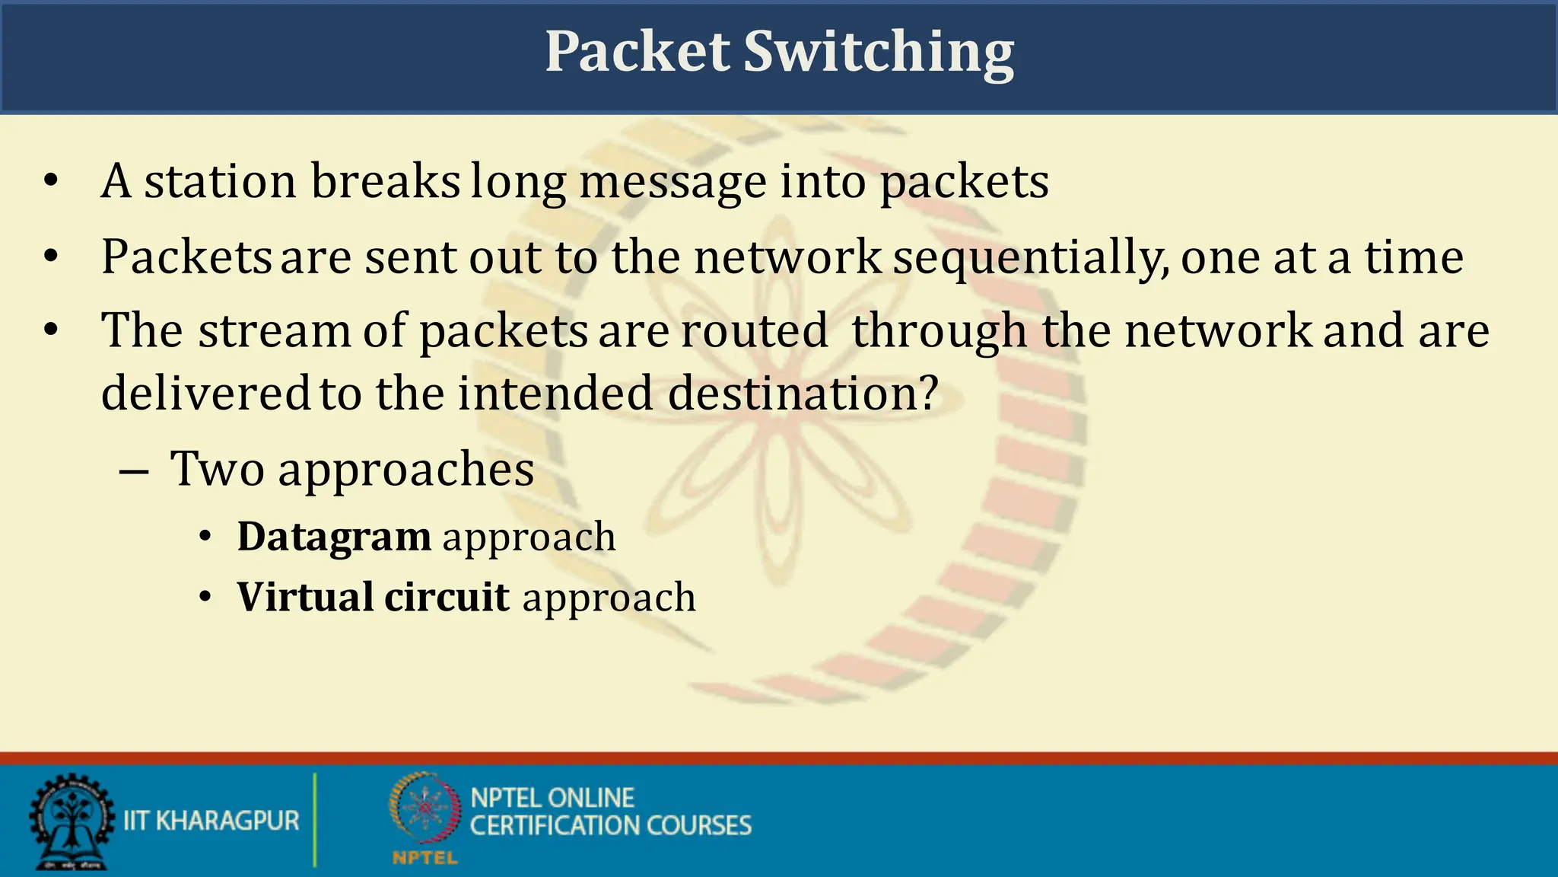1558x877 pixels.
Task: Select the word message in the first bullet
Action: pyautogui.click(x=672, y=183)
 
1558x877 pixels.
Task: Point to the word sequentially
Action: pyautogui.click(x=1031, y=257)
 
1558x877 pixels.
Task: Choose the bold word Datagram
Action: pyautogui.click(x=334, y=537)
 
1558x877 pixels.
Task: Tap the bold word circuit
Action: pyautogui.click(x=447, y=597)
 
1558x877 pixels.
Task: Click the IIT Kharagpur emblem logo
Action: pyautogui.click(x=70, y=821)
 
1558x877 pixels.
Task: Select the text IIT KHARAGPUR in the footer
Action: pyautogui.click(x=211, y=821)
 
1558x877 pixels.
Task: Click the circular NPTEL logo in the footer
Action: pyautogui.click(x=425, y=811)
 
